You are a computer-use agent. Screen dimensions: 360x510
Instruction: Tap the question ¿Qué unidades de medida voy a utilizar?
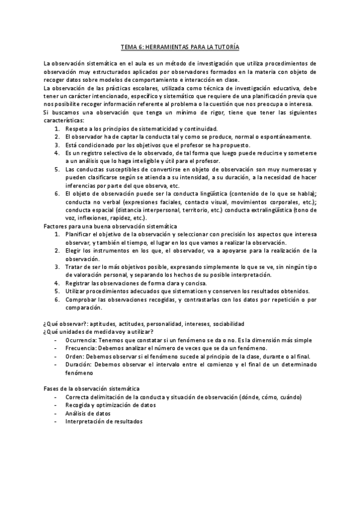click(99, 331)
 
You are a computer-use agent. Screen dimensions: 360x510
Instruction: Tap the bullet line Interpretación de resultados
click(104, 422)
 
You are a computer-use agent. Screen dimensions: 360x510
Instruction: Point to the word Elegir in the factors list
click(73, 250)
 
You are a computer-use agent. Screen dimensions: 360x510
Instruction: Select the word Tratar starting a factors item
click(74, 266)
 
